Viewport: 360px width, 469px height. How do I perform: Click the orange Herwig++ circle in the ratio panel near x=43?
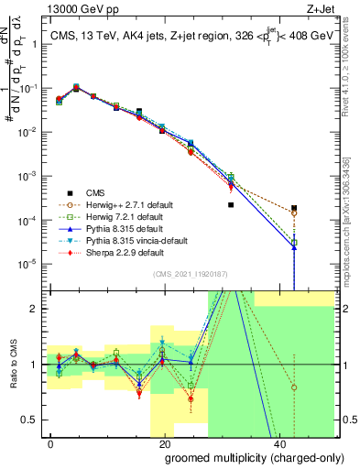click(x=294, y=387)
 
